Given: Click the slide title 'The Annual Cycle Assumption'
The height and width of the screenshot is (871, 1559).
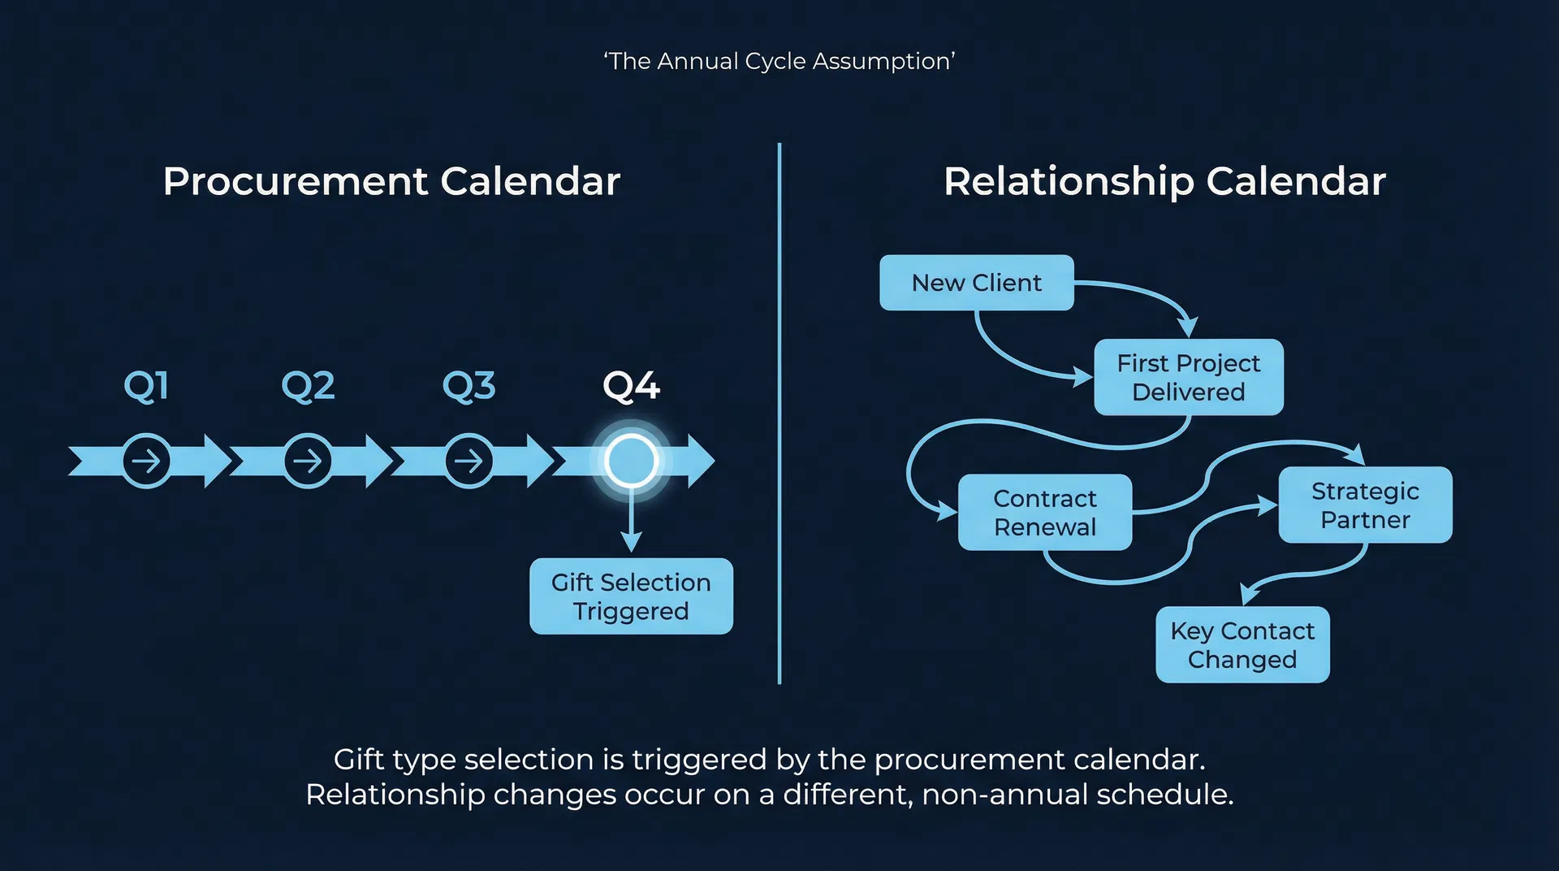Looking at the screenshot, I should (779, 61).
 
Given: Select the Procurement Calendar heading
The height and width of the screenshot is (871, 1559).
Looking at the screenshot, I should (391, 181).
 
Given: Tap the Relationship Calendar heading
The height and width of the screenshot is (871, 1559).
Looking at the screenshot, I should (1164, 181).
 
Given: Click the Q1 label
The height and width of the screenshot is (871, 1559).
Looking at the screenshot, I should (146, 386).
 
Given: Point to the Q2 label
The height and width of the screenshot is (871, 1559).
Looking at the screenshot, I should (308, 386).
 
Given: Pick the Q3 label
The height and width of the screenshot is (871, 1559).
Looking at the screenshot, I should (469, 386).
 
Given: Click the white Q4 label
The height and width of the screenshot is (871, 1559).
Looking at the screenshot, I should (631, 386).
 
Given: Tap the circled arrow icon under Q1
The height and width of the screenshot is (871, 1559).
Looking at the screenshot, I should (147, 461).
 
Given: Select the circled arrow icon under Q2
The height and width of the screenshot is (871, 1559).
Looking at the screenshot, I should (308, 461).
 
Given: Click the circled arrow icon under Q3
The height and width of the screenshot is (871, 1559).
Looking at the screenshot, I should (469, 461).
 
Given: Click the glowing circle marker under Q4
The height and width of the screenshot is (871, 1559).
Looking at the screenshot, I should (631, 461).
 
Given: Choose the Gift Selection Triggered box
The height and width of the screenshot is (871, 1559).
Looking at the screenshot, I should (631, 596).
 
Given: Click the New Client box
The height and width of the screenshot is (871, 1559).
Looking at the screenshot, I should (976, 283).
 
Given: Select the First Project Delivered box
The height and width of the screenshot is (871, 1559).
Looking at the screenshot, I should (1188, 377).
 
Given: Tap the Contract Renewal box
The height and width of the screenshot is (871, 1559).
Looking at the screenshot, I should (1044, 513).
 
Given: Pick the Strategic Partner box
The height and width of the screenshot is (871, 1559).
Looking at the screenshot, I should (1365, 505).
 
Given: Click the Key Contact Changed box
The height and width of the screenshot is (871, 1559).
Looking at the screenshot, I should (1242, 645).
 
